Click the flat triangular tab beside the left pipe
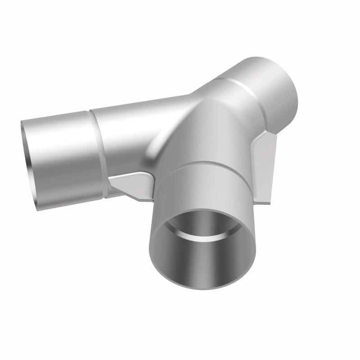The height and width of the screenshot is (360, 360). click(130, 184)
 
